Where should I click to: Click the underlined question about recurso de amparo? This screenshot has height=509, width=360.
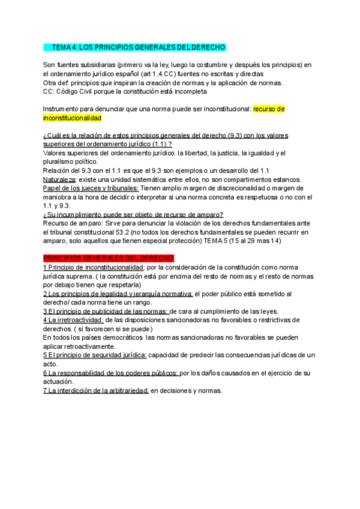point(133,214)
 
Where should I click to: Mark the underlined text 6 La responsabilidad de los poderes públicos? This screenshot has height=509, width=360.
point(110,373)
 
